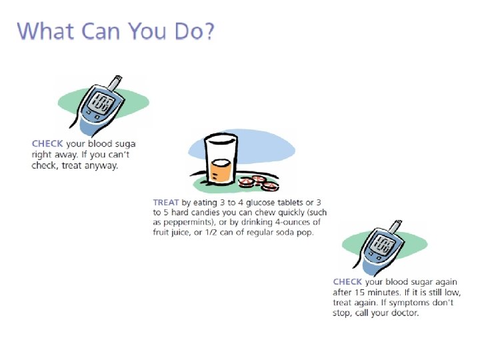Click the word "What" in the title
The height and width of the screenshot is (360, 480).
(x=45, y=31)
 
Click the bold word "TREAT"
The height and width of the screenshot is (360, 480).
(x=165, y=202)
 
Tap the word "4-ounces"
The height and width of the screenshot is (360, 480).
(x=303, y=222)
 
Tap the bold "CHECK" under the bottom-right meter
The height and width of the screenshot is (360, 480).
(x=347, y=282)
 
